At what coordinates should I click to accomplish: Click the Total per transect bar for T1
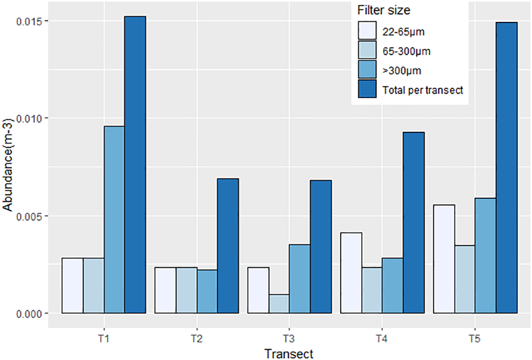tap(135, 164)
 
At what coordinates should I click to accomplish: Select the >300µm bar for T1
tap(114, 219)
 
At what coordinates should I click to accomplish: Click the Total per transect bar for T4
tap(414, 223)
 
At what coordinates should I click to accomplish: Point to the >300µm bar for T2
tap(207, 291)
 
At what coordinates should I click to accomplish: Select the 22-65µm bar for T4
tap(351, 273)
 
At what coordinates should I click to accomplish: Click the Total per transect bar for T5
tap(506, 168)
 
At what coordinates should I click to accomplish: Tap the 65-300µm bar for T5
tap(465, 279)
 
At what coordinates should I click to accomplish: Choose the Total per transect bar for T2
tap(228, 246)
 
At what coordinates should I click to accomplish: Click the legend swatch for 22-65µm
tap(367, 32)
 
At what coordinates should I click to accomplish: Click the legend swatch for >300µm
tap(367, 70)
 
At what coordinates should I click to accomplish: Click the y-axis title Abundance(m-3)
tap(9, 167)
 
